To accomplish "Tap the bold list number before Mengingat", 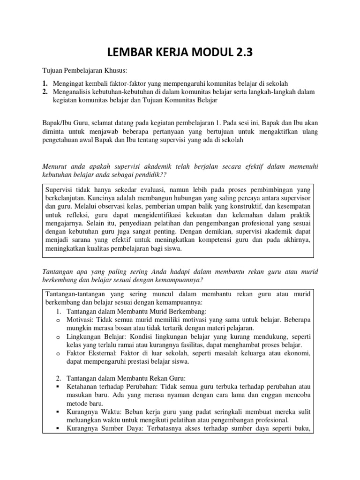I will point(45,83).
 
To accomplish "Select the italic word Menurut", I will point(55,165).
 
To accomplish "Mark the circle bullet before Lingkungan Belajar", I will point(57,337).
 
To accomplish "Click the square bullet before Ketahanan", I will point(57,387).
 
